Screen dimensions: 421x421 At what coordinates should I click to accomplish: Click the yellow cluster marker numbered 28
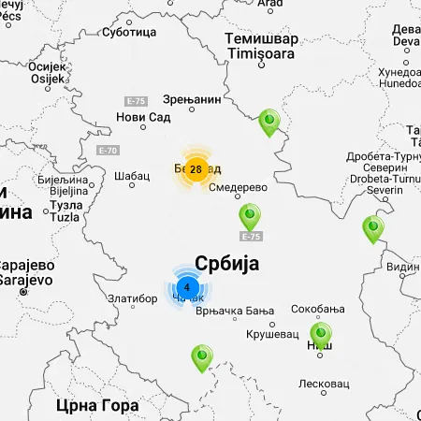click(x=196, y=168)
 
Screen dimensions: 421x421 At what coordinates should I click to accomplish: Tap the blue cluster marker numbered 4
click(x=187, y=287)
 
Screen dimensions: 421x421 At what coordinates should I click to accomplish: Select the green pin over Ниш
click(x=321, y=334)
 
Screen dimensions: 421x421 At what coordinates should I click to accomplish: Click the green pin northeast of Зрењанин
click(x=269, y=121)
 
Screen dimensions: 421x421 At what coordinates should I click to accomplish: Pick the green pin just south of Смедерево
click(x=250, y=216)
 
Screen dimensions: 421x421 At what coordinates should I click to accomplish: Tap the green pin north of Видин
click(x=373, y=227)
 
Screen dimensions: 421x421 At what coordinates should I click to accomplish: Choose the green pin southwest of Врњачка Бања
click(x=201, y=357)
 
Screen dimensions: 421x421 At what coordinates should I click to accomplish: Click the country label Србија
click(x=226, y=263)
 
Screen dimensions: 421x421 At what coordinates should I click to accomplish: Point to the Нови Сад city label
click(x=143, y=117)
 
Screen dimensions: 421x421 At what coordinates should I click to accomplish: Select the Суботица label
click(x=128, y=32)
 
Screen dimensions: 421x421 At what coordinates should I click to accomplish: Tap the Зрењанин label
click(x=192, y=97)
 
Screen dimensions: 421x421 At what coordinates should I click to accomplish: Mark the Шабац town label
click(x=131, y=175)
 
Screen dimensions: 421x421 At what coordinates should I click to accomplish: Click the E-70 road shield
click(x=109, y=150)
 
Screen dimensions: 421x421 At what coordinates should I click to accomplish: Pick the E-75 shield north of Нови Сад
click(x=137, y=100)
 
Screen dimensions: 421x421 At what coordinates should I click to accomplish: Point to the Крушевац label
click(x=271, y=334)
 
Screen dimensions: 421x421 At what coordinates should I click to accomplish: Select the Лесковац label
click(x=323, y=384)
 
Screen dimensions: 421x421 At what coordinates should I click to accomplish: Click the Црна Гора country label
click(x=97, y=405)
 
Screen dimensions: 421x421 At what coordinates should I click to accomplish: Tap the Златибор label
click(x=132, y=298)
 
